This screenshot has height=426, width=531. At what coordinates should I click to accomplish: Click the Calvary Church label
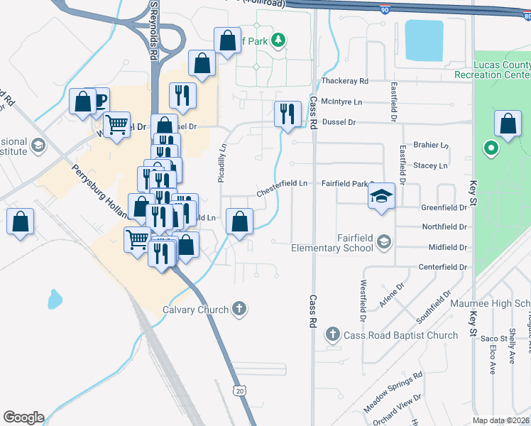point(195,310)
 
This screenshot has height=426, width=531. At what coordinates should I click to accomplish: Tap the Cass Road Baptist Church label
point(400,335)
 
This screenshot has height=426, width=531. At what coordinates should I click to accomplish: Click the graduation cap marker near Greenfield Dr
point(381,196)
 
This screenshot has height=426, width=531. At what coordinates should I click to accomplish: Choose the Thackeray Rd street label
point(344,82)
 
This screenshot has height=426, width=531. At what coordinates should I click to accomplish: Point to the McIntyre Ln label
point(341,102)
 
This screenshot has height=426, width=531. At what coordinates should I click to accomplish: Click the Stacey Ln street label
point(430,166)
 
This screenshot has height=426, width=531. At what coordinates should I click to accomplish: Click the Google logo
point(23,417)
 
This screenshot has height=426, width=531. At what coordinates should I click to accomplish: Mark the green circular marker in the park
point(490,149)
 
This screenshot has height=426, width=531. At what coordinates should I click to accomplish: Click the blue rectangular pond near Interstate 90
point(425,40)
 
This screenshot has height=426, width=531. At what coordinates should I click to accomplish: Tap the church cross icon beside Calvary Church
point(240,309)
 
